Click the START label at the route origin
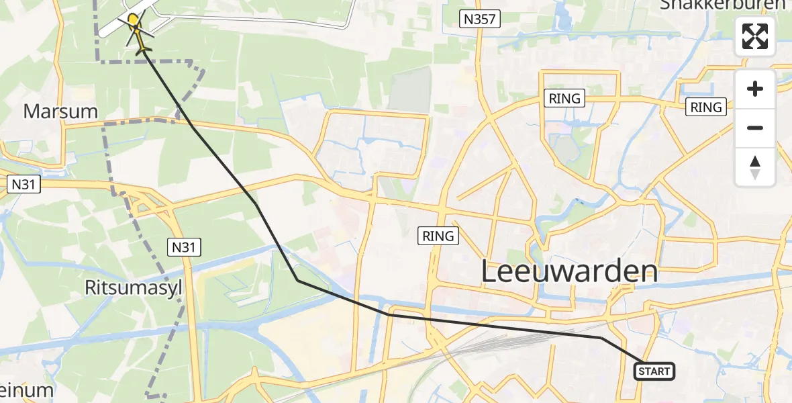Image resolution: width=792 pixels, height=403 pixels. click(654, 371)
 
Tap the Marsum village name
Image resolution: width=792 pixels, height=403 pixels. click(60, 111)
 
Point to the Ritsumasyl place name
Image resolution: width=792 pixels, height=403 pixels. click(134, 288)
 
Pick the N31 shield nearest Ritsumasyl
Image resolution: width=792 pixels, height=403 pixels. click(183, 247)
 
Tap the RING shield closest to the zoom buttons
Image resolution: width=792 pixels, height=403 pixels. click(706, 107)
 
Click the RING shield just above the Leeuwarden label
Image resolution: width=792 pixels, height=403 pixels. click(439, 236)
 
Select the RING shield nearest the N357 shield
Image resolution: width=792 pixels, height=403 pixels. click(564, 98)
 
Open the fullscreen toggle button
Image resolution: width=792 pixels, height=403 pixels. click(755, 36)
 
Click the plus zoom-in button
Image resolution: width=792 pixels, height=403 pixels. click(755, 89)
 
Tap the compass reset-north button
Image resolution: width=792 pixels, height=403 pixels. click(755, 167)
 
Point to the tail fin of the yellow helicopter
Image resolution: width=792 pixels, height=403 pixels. click(143, 50)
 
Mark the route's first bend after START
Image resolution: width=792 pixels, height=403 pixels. click(602, 338)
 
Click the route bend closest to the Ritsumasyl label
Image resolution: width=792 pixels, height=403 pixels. click(297, 281)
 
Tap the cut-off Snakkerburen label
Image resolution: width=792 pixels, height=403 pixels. click(722, 5)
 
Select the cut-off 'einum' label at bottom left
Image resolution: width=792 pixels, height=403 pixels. click(26, 391)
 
